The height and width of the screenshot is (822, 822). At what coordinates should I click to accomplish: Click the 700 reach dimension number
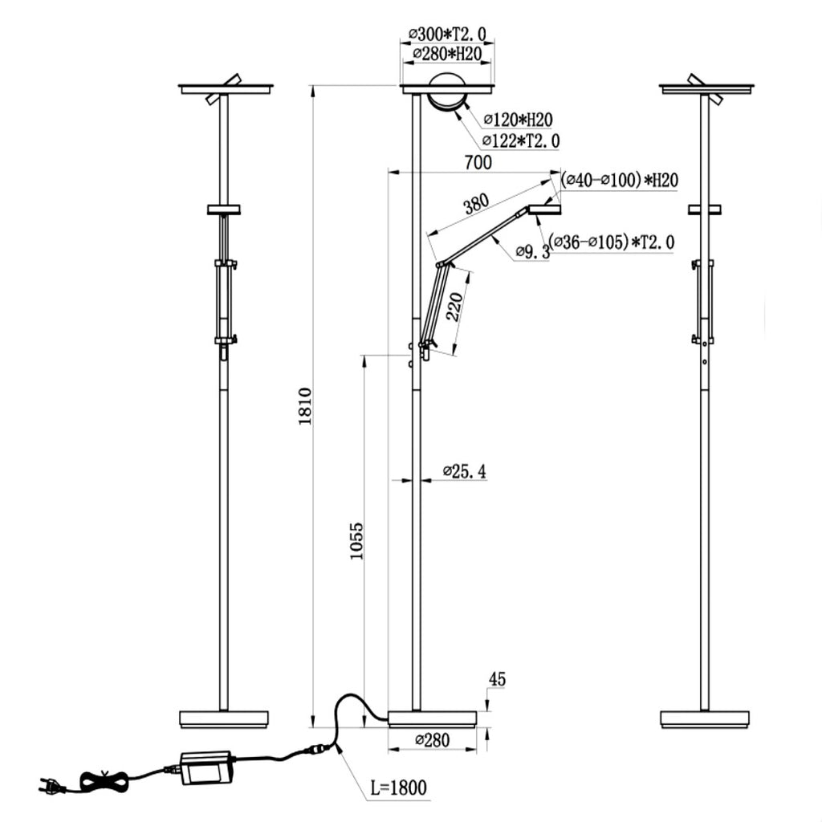pos(478,162)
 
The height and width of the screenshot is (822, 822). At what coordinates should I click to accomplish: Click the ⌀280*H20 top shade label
pos(446,53)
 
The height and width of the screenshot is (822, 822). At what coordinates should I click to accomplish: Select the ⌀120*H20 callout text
pos(518,120)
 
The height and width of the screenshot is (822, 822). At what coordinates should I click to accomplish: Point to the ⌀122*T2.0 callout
pos(521,140)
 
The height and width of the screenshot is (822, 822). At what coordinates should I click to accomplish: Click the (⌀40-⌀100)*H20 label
pos(619,180)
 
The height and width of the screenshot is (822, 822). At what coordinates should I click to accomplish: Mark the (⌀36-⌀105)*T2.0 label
pos(612,242)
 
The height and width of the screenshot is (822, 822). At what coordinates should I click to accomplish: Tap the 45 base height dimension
pos(497,680)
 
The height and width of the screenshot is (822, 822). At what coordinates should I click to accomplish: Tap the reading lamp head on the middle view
pos(545,210)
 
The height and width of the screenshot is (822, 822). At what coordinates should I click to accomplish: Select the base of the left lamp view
pos(223,719)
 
